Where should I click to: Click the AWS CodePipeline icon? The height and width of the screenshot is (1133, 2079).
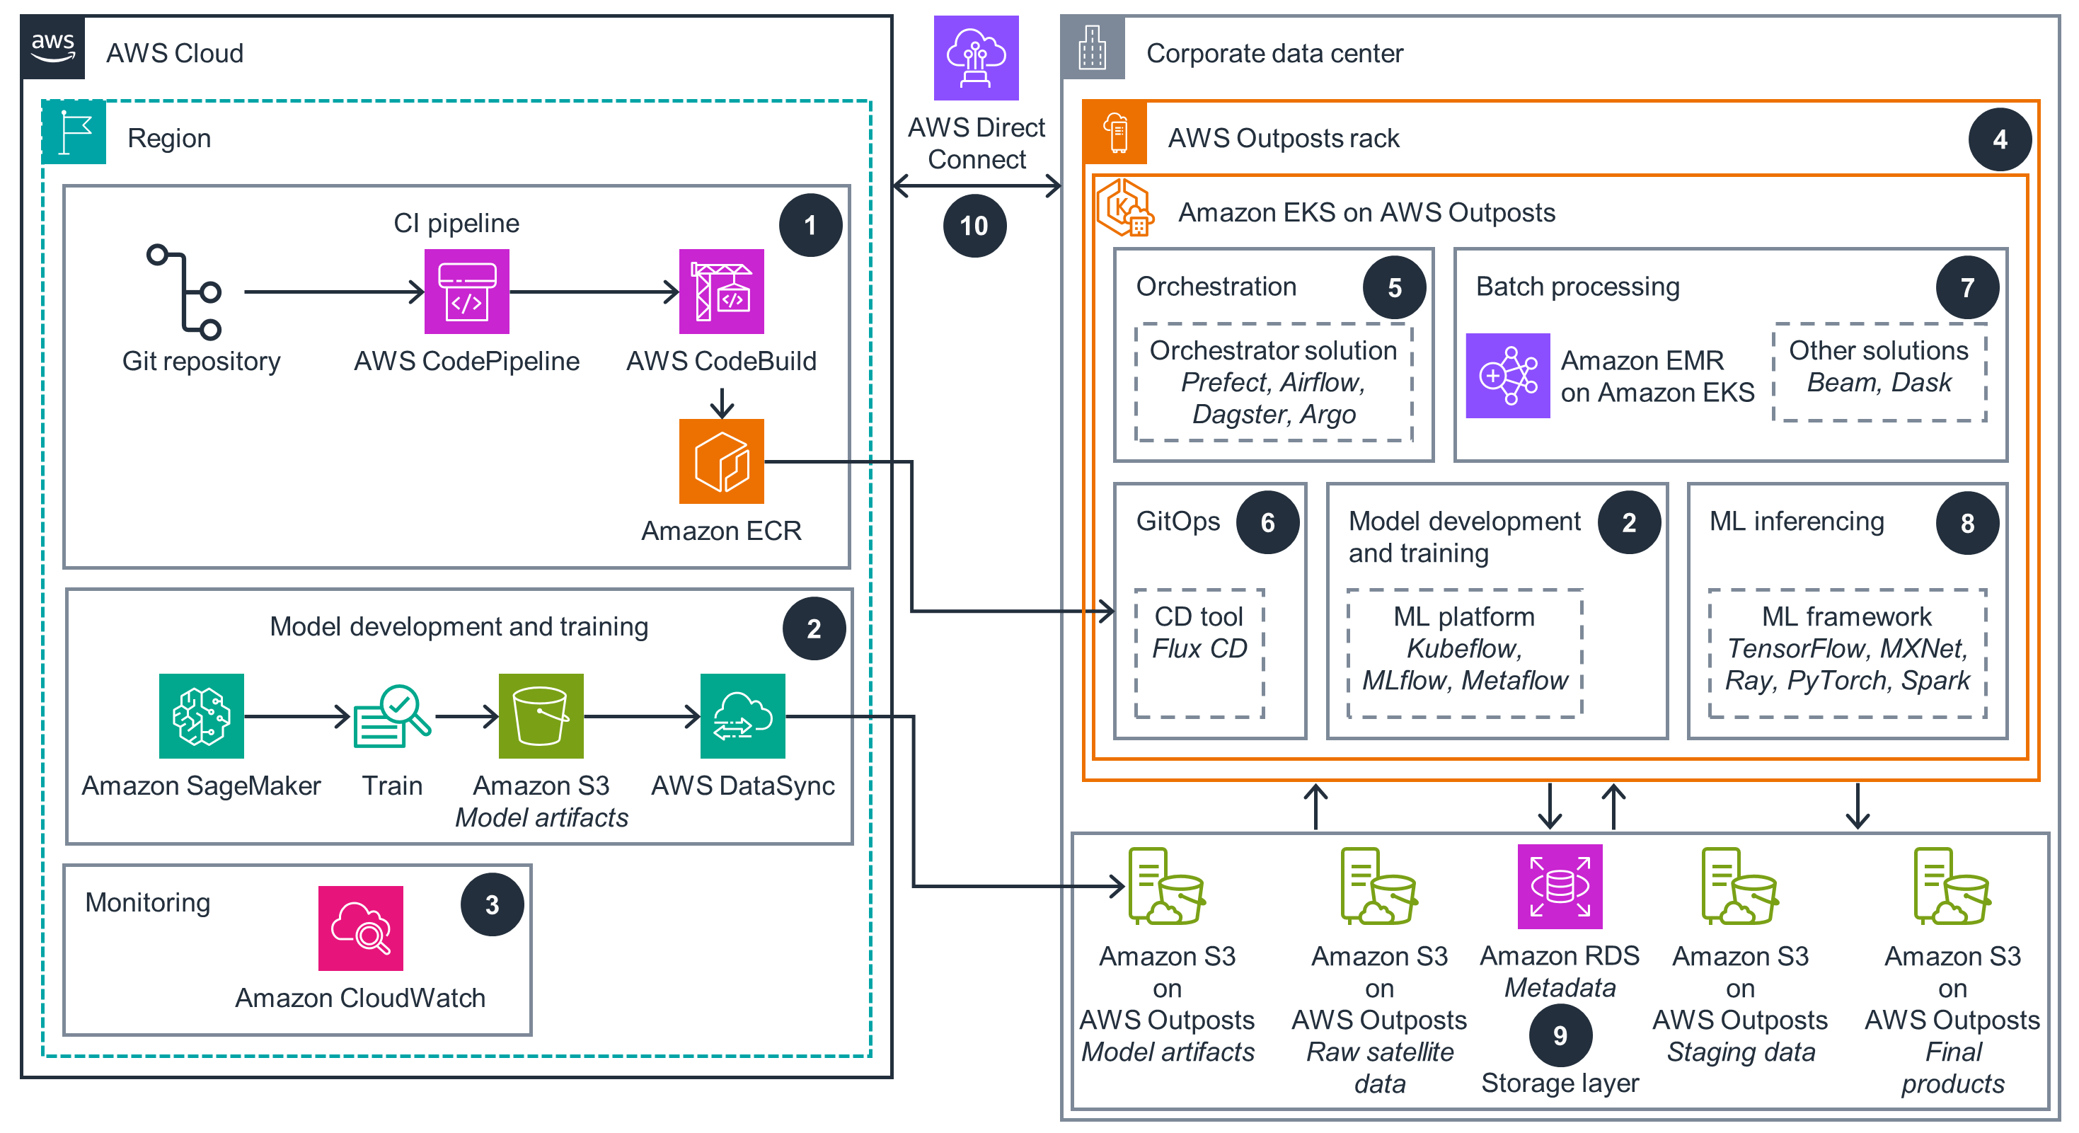tap(466, 292)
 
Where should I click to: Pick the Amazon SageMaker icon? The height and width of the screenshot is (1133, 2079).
tap(201, 715)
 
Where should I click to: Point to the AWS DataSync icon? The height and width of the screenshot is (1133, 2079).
tap(742, 715)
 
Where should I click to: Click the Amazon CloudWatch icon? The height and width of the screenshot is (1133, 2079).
tap(360, 928)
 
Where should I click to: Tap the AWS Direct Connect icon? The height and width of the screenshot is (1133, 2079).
tap(976, 58)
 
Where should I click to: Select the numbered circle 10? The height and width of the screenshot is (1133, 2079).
tap(974, 226)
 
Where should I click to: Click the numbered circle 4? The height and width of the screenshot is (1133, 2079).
tap(1999, 139)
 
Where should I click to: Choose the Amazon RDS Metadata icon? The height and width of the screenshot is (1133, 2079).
tap(1560, 886)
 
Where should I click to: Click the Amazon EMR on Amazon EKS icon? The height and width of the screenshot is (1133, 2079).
tap(1507, 375)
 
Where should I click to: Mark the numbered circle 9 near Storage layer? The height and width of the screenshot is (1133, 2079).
tap(1560, 1035)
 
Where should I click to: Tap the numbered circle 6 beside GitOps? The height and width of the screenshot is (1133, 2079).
tap(1267, 523)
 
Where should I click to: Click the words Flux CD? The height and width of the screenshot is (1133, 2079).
tap(1199, 649)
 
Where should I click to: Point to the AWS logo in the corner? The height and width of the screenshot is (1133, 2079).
tap(53, 47)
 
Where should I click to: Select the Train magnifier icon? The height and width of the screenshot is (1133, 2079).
tap(393, 715)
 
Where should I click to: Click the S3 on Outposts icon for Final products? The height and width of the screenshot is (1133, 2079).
tap(1952, 886)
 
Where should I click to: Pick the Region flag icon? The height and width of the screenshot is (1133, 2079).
tap(74, 132)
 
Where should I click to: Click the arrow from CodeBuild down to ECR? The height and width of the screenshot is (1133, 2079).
tap(722, 403)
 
